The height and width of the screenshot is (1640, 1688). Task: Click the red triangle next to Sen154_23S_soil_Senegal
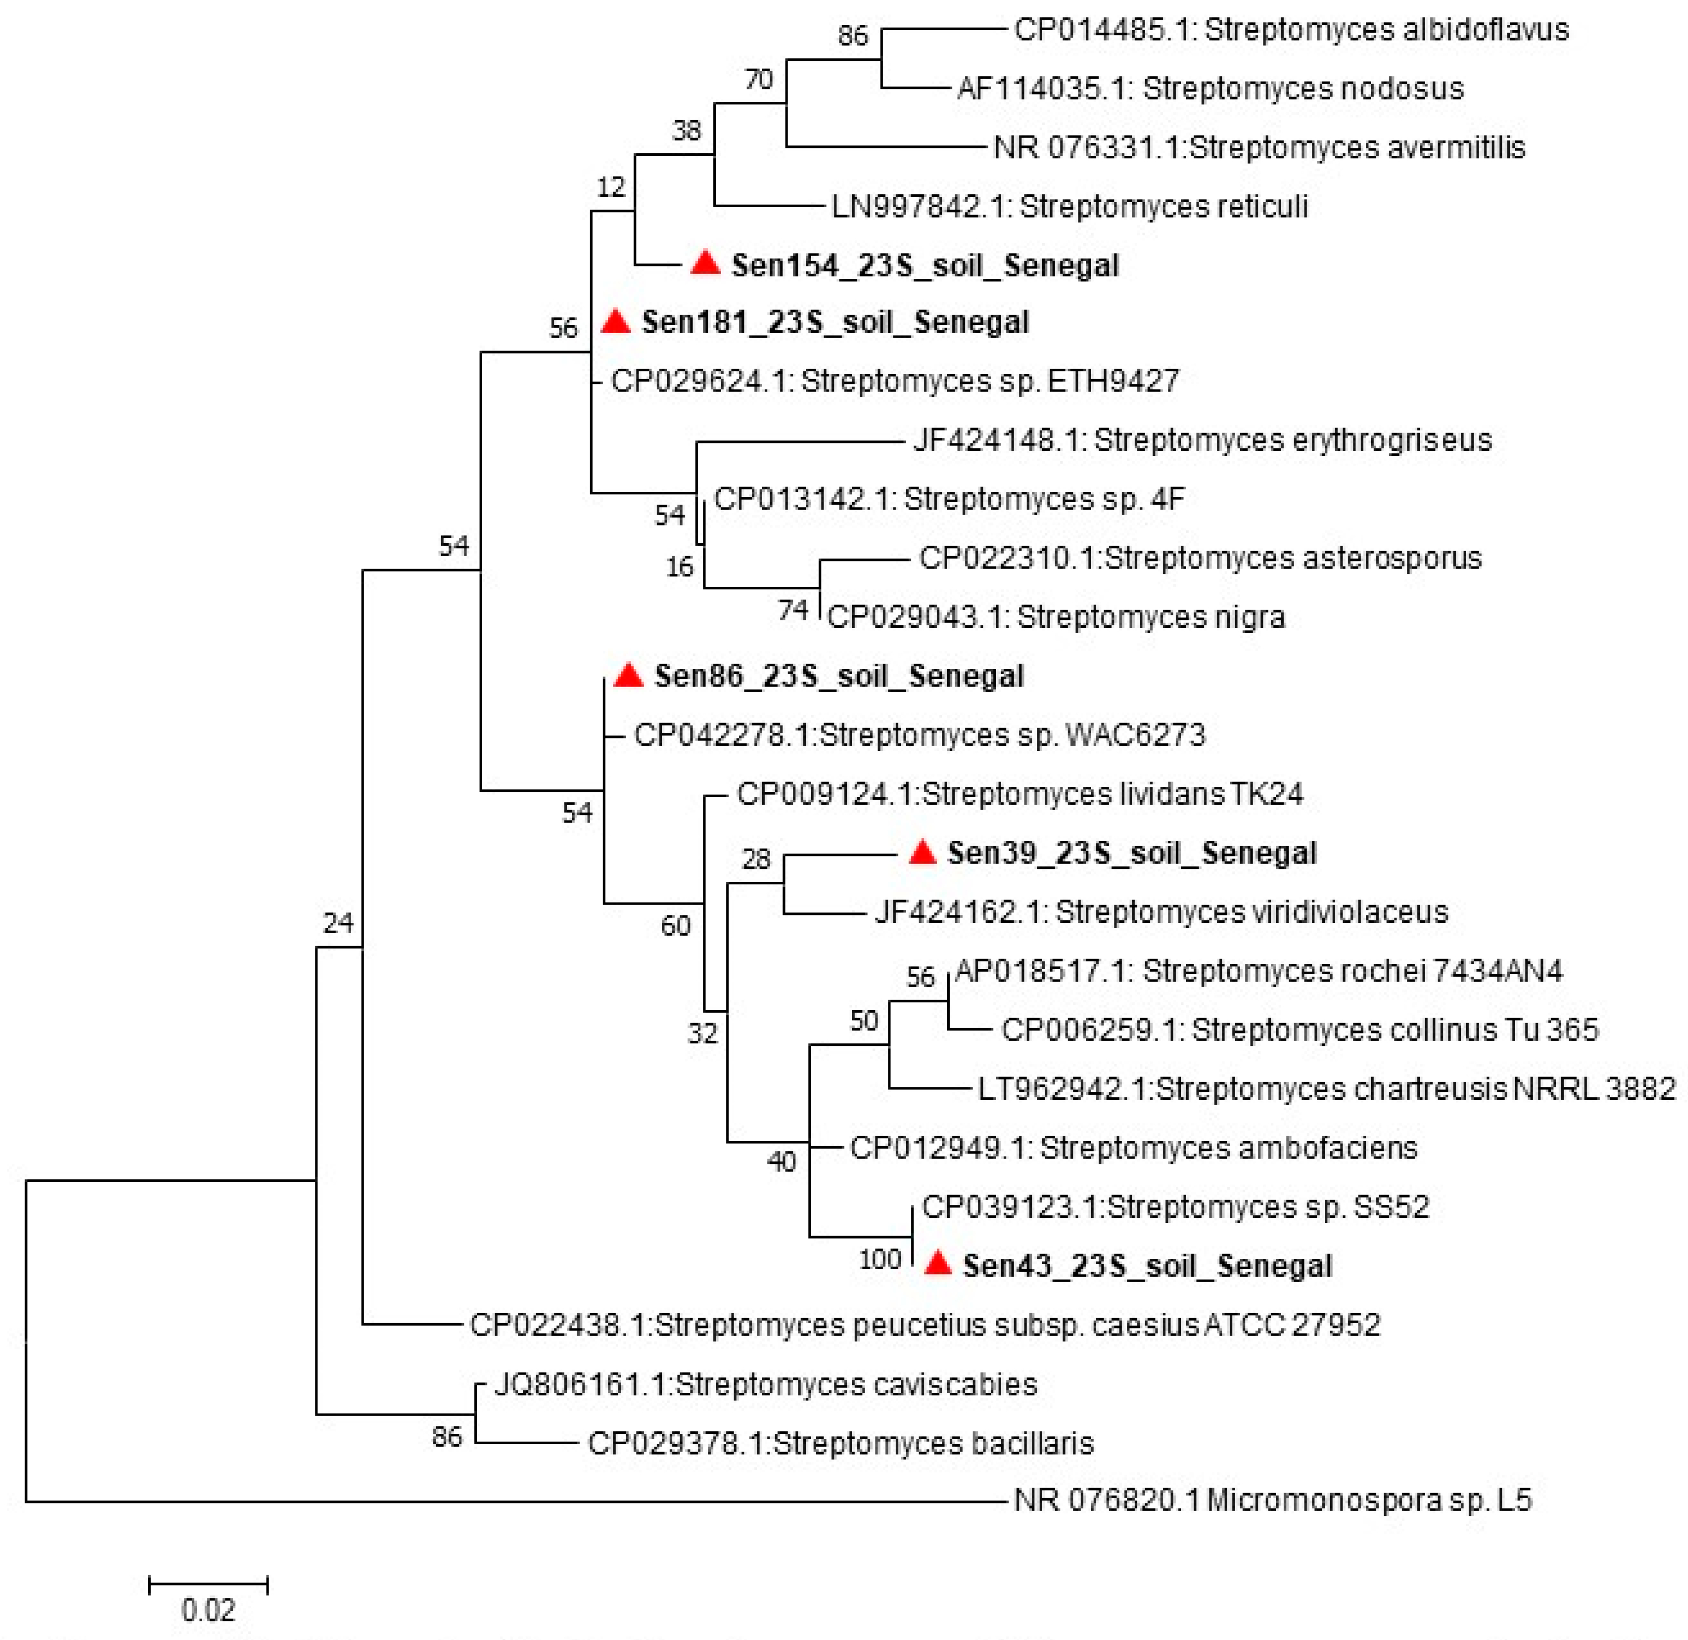(705, 264)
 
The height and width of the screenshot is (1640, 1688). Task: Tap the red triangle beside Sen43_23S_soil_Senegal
(937, 1265)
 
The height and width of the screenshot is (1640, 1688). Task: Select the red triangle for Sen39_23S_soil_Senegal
(922, 853)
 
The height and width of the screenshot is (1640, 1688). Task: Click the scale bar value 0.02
(208, 1610)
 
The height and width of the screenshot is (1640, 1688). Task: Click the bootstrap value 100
(879, 1259)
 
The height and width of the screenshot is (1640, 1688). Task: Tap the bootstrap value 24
(338, 923)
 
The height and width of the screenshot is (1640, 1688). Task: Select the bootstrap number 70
(758, 79)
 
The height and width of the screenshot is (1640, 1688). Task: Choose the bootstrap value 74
(793, 610)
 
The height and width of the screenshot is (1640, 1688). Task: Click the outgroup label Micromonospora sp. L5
(1273, 1500)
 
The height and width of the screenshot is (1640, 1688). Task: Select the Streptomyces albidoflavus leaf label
(1291, 30)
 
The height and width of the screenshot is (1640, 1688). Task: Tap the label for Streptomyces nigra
(1056, 617)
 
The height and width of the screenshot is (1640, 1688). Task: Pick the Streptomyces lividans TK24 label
(1019, 794)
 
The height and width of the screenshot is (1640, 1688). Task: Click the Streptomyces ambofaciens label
(1133, 1147)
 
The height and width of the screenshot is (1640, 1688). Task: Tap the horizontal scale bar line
(208, 1584)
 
